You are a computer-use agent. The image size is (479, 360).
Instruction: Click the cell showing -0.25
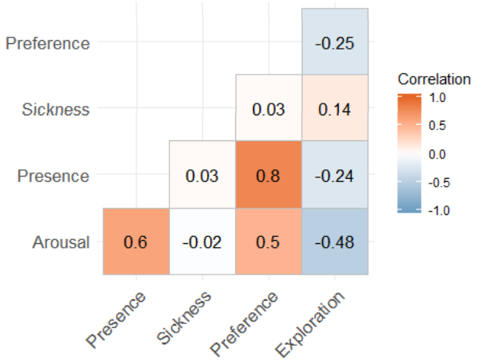[x=335, y=42]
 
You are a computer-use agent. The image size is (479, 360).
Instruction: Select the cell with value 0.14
[x=335, y=108]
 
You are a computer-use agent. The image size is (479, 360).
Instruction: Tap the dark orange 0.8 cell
[x=268, y=175]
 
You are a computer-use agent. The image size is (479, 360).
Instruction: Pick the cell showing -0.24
[x=335, y=175]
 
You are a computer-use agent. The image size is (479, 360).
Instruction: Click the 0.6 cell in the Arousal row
[x=136, y=242]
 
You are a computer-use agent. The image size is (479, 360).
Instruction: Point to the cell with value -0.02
[x=202, y=242]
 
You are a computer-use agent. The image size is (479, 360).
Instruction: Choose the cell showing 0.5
[x=268, y=242]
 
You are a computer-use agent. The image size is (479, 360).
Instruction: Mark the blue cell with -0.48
[x=335, y=242]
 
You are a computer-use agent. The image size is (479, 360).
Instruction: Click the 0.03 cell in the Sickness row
[x=268, y=108]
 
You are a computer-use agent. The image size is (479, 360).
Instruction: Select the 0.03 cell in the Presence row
[x=202, y=175]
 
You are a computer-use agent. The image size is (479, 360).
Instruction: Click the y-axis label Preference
[x=48, y=42]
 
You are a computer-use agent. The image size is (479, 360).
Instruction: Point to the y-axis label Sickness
[x=56, y=109]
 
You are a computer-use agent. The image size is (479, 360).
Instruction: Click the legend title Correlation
[x=434, y=79]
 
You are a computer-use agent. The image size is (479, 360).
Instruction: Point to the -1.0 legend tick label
[x=437, y=209]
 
